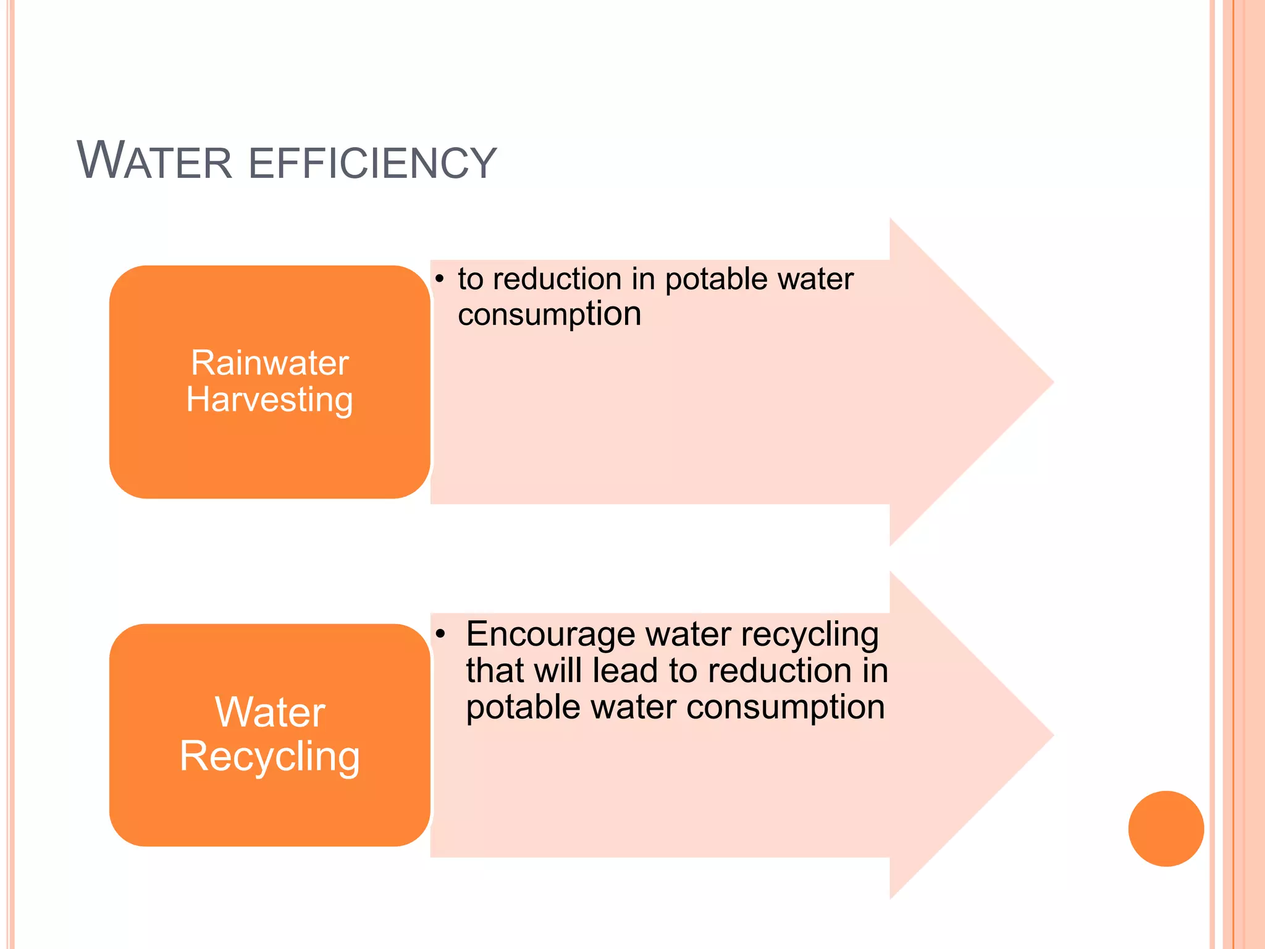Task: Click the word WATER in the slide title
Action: pyautogui.click(x=154, y=161)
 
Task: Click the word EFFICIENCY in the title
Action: pyautogui.click(x=372, y=163)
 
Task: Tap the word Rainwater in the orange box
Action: pyautogui.click(x=270, y=363)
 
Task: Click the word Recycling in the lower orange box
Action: pyautogui.click(x=270, y=757)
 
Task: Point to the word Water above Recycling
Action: pyautogui.click(x=270, y=712)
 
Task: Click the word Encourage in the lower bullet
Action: pyautogui.click(x=550, y=635)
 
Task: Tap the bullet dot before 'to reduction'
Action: pyautogui.click(x=439, y=279)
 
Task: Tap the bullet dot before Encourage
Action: pyautogui.click(x=440, y=635)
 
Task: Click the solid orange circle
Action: pyautogui.click(x=1166, y=829)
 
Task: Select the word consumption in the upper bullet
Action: pyautogui.click(x=549, y=314)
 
